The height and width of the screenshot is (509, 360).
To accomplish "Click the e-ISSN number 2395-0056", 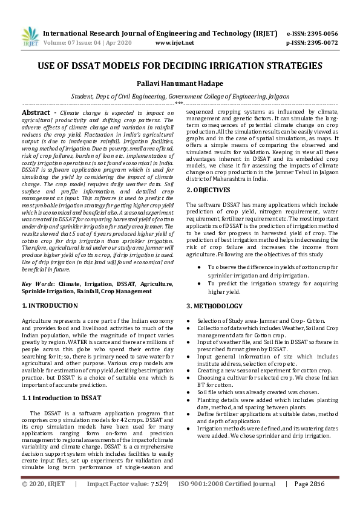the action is (321, 33).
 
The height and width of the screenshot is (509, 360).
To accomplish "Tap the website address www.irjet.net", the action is (175, 43).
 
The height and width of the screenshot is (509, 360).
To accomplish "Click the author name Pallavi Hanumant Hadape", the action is (180, 82).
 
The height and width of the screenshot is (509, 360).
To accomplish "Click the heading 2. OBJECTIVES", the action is (208, 190).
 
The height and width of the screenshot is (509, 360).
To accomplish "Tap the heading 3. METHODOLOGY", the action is (214, 306).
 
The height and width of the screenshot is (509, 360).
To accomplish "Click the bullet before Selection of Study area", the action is (190, 320).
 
